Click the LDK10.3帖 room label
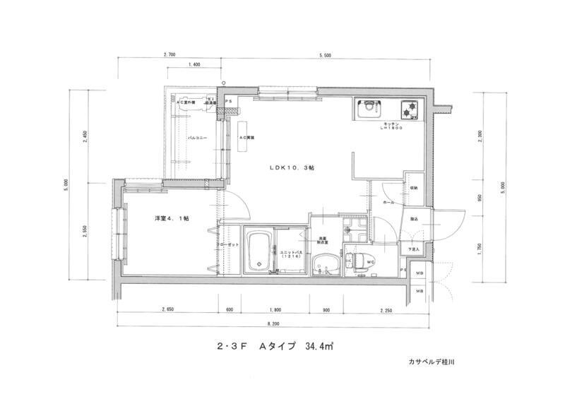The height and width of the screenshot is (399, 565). click(x=291, y=167)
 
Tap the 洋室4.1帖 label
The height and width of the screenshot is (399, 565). click(x=172, y=218)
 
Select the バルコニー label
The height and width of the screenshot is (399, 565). click(x=197, y=139)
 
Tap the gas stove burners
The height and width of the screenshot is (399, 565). click(x=409, y=109)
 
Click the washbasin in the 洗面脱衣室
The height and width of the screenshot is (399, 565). click(x=326, y=264)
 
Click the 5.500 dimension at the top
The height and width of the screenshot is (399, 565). click(x=324, y=54)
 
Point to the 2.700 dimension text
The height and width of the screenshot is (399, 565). click(x=169, y=54)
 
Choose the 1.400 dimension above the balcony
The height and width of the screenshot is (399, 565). click(x=196, y=64)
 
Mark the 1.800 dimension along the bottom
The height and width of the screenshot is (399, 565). click(x=275, y=309)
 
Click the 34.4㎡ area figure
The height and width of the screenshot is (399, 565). click(x=319, y=347)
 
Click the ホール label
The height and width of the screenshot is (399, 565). click(x=388, y=203)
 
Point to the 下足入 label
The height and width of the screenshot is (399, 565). click(x=413, y=249)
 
